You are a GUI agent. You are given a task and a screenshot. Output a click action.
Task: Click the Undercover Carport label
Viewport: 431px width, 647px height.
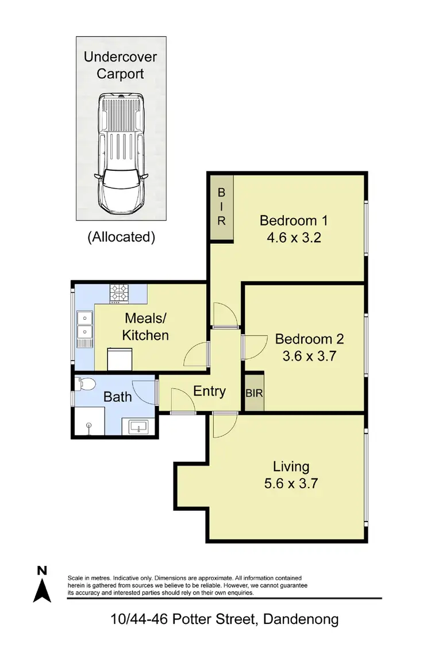(x=121, y=65)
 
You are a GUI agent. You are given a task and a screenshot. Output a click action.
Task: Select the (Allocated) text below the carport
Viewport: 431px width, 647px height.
(x=121, y=236)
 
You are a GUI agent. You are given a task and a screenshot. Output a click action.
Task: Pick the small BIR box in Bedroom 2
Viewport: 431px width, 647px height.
(x=254, y=394)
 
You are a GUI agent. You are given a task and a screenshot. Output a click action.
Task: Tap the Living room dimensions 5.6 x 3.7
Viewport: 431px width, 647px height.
(x=291, y=483)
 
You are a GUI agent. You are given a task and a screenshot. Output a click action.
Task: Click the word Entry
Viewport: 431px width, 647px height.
(x=209, y=392)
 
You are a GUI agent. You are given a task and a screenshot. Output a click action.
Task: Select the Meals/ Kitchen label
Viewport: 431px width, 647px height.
(x=146, y=326)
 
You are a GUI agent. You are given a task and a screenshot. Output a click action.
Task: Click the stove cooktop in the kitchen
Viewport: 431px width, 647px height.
(x=119, y=293)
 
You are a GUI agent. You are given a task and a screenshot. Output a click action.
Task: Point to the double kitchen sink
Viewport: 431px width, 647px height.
(x=84, y=326)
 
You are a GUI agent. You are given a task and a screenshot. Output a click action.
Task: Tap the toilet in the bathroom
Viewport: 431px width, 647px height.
(x=86, y=384)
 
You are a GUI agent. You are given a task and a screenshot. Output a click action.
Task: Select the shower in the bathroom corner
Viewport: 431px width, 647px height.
(x=89, y=423)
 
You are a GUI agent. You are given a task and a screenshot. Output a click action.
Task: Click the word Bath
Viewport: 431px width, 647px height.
(x=118, y=397)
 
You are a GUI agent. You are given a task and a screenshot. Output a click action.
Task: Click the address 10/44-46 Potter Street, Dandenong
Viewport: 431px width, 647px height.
(x=225, y=619)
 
